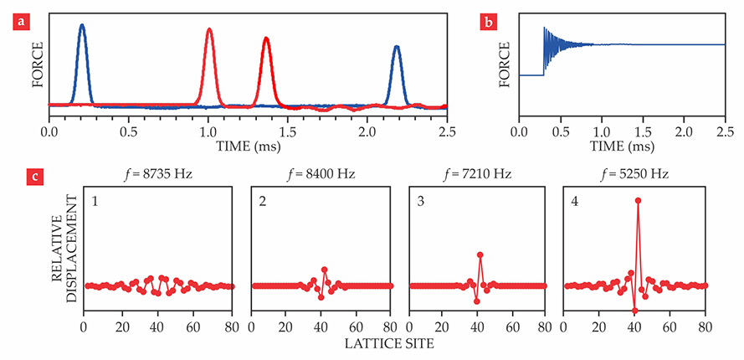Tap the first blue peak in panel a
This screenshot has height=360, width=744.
click(x=81, y=26)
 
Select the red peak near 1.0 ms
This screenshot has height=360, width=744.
click(x=209, y=30)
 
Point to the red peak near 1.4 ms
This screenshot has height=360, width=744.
click(x=265, y=39)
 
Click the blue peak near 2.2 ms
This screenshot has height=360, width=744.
click(x=397, y=47)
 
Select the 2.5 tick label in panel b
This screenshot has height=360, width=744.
click(x=725, y=131)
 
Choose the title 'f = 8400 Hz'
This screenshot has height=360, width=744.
click(x=321, y=176)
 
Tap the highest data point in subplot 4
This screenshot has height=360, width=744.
click(x=639, y=200)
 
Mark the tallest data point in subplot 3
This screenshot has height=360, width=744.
click(x=480, y=255)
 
